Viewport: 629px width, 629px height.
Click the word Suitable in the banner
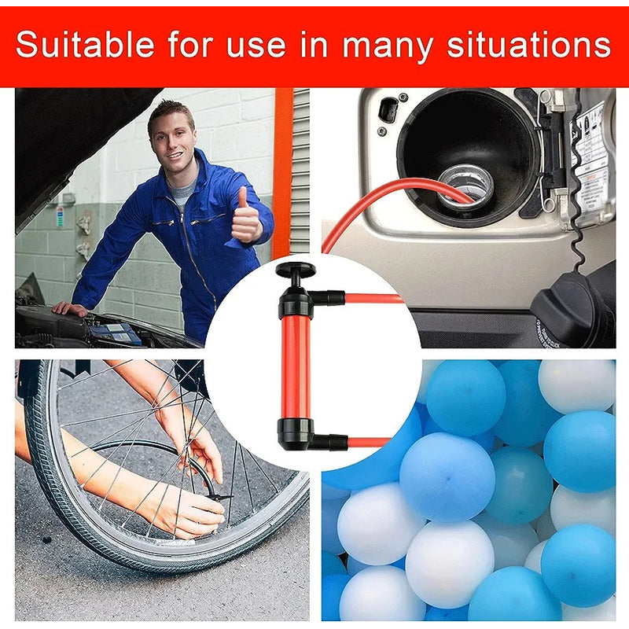pyautogui.click(x=85, y=44)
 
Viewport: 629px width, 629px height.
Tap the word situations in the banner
pyautogui.click(x=529, y=44)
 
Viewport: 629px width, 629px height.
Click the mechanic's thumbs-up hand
pyautogui.click(x=245, y=217)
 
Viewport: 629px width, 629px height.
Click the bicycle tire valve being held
pyautogui.click(x=219, y=498)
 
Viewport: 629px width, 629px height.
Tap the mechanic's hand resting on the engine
pyautogui.click(x=69, y=309)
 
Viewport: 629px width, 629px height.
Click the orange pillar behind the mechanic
pyautogui.click(x=283, y=173)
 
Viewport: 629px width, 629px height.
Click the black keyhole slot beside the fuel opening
pyautogui.click(x=388, y=109)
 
